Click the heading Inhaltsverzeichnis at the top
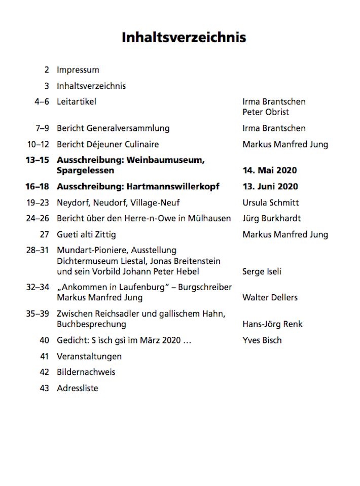(x=184, y=38)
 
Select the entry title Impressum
(x=78, y=70)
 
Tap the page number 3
(x=47, y=86)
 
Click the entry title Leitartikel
(x=76, y=101)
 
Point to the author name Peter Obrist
(x=266, y=112)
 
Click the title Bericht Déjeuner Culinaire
(x=107, y=144)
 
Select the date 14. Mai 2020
(x=270, y=170)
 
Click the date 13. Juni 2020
(x=270, y=186)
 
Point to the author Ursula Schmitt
(x=271, y=202)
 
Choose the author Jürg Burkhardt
(x=271, y=218)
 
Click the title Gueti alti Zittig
(x=86, y=234)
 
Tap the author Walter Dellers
(x=270, y=297)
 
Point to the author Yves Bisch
(x=262, y=340)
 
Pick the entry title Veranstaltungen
(x=89, y=356)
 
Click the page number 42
(x=44, y=372)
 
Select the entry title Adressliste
(x=77, y=388)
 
